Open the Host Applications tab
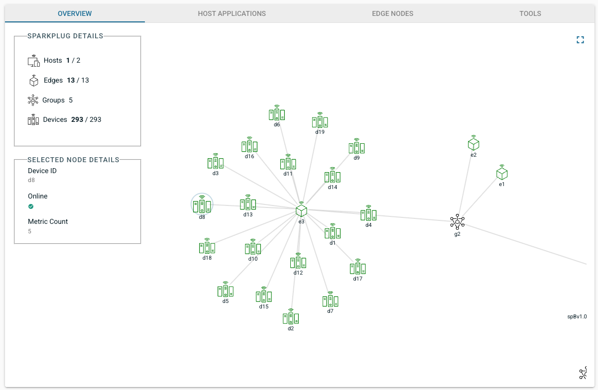click(x=232, y=13)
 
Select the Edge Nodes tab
click(x=392, y=13)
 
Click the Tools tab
click(x=530, y=13)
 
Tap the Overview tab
click(x=75, y=13)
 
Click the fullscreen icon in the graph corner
click(x=580, y=40)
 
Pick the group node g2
click(x=457, y=222)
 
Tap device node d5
click(x=226, y=290)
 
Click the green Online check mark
click(x=31, y=206)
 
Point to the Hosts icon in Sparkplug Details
click(x=34, y=61)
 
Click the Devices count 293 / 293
click(x=86, y=119)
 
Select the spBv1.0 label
click(x=577, y=317)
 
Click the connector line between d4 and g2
click(x=413, y=218)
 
